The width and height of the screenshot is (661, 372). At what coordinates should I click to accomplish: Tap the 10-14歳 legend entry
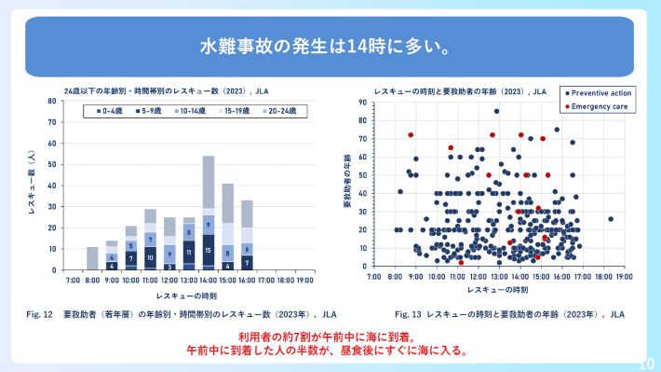(x=192, y=111)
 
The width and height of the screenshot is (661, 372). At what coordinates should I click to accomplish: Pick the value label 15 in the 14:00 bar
(x=209, y=250)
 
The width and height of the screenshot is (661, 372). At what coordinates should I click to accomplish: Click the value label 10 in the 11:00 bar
(x=150, y=257)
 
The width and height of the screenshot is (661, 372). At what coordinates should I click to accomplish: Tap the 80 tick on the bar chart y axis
(x=52, y=100)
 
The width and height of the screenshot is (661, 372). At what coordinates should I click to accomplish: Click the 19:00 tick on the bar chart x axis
(x=305, y=279)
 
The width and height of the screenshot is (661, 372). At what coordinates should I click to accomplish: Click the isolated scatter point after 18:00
(x=610, y=219)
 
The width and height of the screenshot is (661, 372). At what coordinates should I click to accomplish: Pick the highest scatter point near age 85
(x=496, y=111)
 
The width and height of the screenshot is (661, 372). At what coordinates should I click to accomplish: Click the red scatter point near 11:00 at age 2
(x=460, y=263)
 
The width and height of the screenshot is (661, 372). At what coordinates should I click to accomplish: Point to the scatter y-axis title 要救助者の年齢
(x=346, y=183)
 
